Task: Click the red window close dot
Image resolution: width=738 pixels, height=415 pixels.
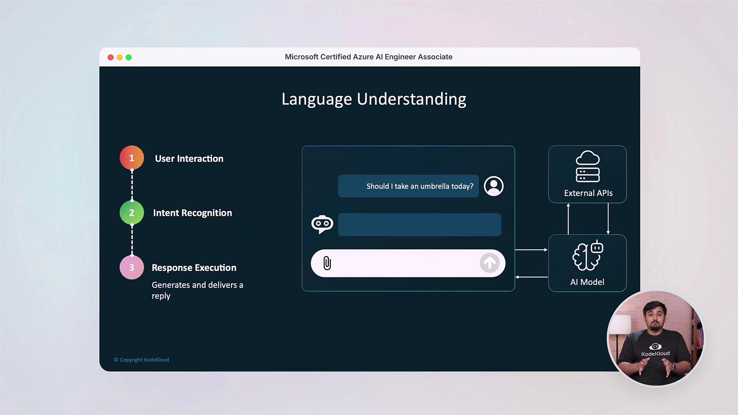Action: (111, 57)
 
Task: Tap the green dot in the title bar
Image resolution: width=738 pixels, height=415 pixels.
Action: (129, 57)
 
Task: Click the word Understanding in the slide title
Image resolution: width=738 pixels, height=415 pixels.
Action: (411, 99)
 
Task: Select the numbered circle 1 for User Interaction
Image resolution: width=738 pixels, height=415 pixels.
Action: (131, 158)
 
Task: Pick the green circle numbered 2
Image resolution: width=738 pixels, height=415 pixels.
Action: (131, 212)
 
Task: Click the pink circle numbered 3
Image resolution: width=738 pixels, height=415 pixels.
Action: (131, 267)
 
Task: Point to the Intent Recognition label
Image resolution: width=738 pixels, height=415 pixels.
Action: (192, 213)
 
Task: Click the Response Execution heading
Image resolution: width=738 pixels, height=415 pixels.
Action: (194, 268)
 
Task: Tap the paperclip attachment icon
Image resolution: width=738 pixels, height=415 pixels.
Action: (327, 263)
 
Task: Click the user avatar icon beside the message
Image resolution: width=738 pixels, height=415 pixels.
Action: (494, 186)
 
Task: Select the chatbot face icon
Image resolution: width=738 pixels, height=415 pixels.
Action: (322, 224)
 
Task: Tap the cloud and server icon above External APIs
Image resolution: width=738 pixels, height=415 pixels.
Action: (587, 166)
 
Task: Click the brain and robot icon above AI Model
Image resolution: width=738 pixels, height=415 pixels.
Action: (587, 256)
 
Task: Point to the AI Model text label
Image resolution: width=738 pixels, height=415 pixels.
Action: (587, 282)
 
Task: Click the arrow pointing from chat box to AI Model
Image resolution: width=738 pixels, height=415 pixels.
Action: (531, 250)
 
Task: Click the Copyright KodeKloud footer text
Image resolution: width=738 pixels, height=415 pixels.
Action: (141, 360)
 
